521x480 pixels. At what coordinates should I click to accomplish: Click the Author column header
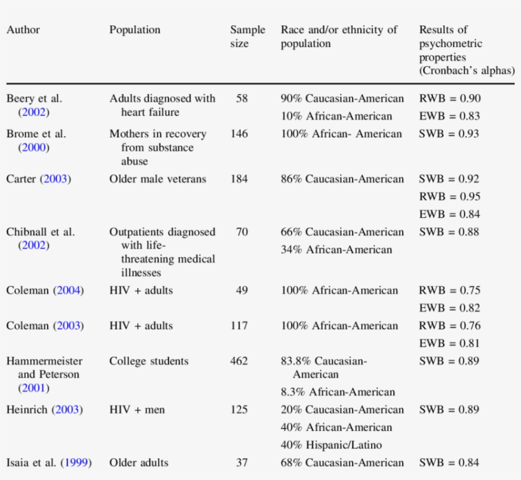tap(24, 30)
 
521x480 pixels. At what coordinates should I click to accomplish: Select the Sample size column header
tap(247, 37)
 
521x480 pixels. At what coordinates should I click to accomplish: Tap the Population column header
tap(135, 30)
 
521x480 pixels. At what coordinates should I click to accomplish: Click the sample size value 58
tap(242, 99)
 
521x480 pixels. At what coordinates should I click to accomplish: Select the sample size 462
tap(239, 361)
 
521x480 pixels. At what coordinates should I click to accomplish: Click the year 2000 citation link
tap(34, 147)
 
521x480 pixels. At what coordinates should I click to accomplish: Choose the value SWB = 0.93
tap(449, 134)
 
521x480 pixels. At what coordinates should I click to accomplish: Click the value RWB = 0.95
tap(449, 196)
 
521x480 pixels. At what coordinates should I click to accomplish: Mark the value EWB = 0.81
tap(449, 343)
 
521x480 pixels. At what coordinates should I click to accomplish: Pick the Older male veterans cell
tap(158, 179)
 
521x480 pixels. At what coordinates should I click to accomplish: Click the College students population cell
tap(149, 361)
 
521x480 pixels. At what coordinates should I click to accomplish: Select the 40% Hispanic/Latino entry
tap(332, 445)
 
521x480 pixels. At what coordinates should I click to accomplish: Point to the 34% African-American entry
tap(337, 250)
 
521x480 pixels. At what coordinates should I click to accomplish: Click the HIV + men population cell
tap(137, 409)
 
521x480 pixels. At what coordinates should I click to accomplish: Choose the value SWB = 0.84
tap(449, 463)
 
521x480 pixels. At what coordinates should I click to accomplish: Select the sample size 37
tap(242, 463)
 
